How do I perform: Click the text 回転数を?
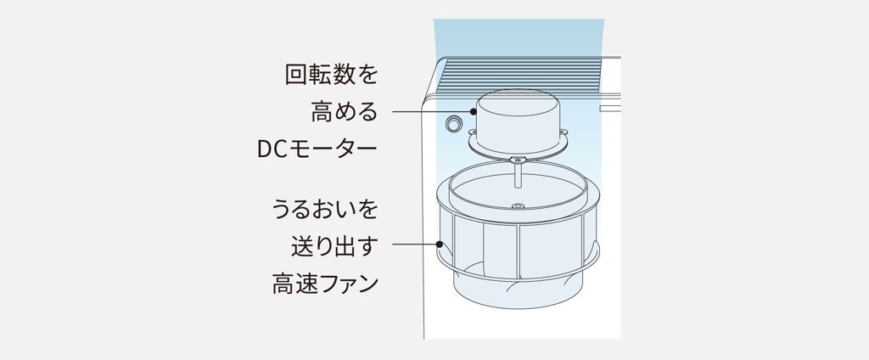tap(331, 76)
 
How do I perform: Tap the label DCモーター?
tap(317, 150)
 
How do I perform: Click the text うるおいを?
tap(324, 209)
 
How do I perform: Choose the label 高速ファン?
tap(324, 283)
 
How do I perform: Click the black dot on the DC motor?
tap(476, 112)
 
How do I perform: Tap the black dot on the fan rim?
tap(440, 245)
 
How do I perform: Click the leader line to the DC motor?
tap(434, 112)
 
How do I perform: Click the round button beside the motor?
tap(454, 124)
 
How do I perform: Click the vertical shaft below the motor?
tap(516, 178)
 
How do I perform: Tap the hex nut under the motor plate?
tap(516, 160)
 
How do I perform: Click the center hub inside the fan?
tap(516, 205)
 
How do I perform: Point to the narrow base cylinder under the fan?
tap(515, 293)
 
